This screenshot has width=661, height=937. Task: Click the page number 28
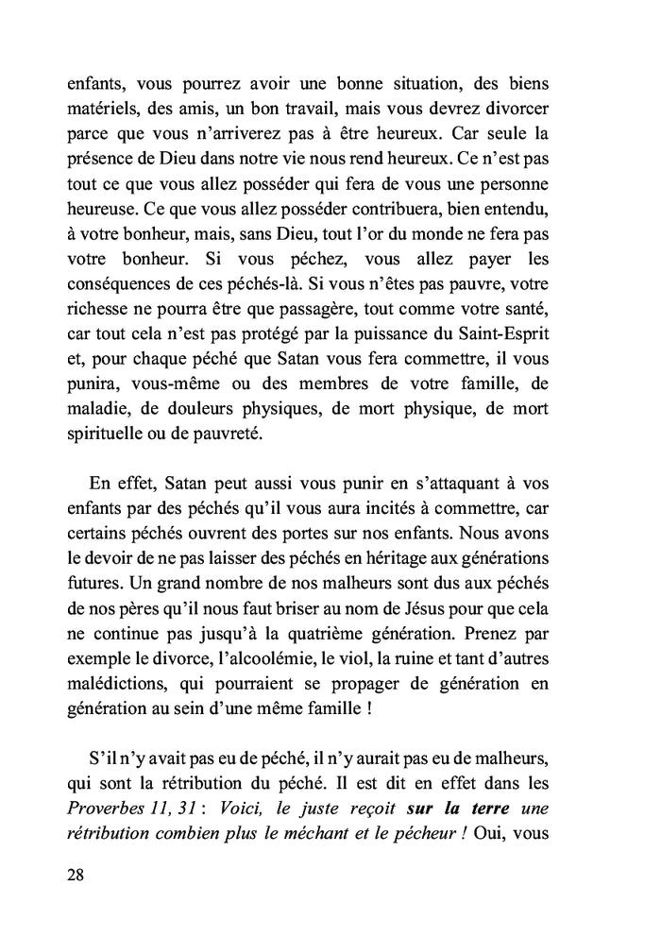[x=76, y=875]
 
